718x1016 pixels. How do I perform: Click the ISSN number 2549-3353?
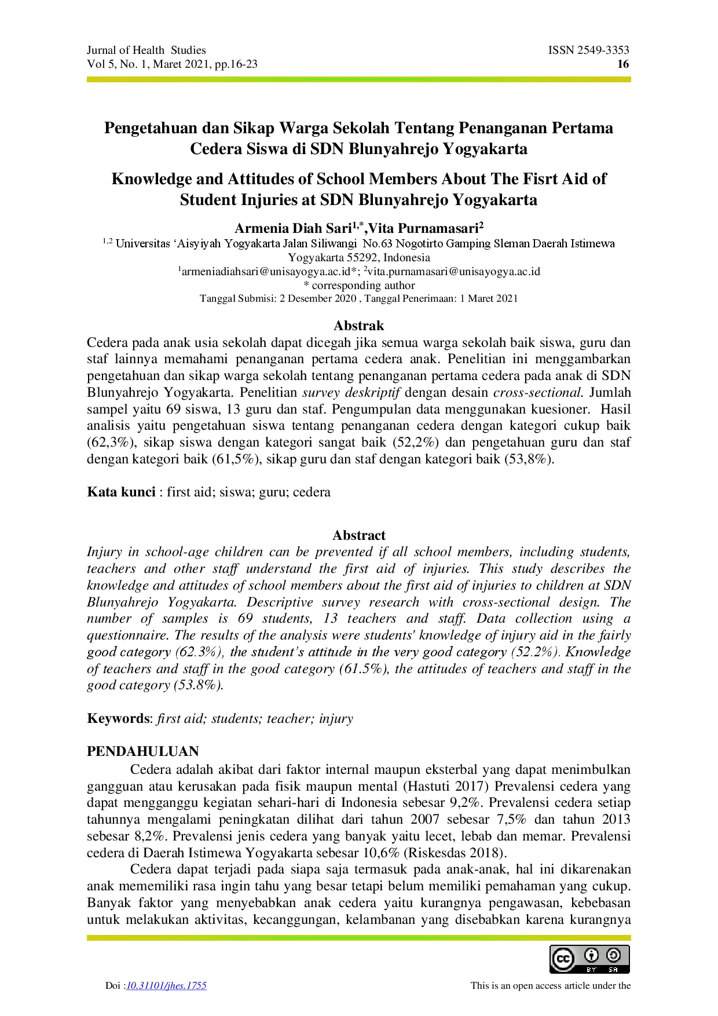tap(602, 50)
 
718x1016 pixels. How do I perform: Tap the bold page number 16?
tap(623, 64)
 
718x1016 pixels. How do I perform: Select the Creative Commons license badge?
tap(589, 959)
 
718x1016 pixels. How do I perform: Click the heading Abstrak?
tap(358, 326)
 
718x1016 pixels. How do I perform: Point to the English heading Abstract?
tap(358, 535)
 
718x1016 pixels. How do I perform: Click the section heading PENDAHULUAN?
tap(142, 751)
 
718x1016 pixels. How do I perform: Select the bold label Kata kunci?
tap(121, 492)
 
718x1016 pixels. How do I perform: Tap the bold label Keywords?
tap(118, 719)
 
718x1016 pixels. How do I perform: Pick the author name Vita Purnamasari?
tap(424, 228)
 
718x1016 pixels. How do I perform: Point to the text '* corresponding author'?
tap(359, 285)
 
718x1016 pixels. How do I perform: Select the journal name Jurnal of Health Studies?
tap(146, 50)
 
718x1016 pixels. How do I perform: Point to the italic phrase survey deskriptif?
tap(351, 393)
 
